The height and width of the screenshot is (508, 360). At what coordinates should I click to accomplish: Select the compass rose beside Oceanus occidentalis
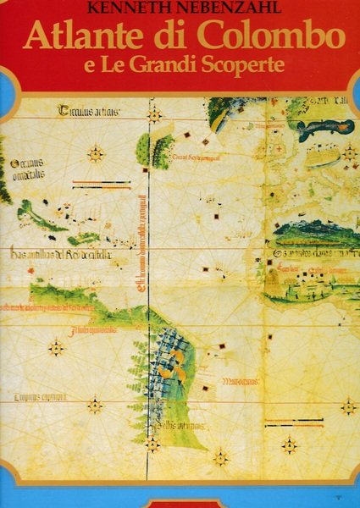96,154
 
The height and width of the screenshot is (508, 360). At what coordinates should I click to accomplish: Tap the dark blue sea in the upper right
324,127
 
